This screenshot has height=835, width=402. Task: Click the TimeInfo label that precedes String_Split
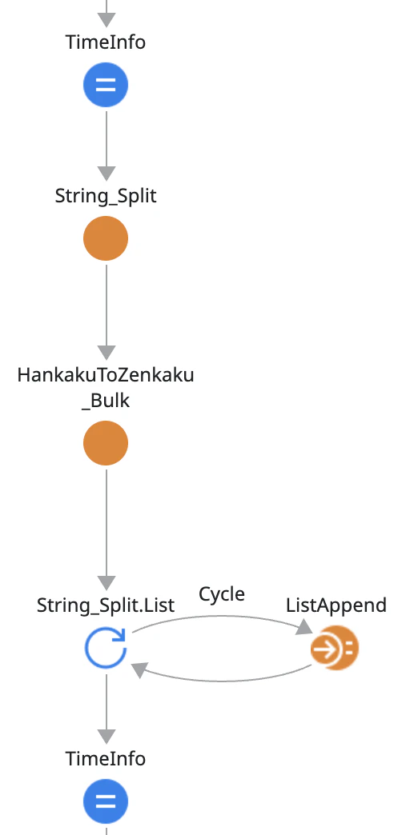coord(106,42)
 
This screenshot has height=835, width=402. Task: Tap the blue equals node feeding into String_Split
coord(106,85)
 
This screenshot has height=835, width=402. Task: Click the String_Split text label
coord(106,196)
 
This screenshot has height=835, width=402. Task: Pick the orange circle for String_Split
coord(106,238)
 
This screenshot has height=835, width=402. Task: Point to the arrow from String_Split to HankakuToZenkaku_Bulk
coord(106,312)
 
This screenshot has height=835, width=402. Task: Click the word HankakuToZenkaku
coord(106,375)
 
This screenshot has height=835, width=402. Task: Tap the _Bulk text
coord(106,401)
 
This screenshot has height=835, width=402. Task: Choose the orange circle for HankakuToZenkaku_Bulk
coord(106,443)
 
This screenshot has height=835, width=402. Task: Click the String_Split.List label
coord(106,605)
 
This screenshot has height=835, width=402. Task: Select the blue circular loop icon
coord(106,648)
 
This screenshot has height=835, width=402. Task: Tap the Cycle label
coord(222,593)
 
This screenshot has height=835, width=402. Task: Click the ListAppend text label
coord(336,605)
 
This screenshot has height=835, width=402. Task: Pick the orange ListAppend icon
coord(335,648)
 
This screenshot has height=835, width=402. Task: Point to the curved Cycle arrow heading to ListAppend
coord(222,617)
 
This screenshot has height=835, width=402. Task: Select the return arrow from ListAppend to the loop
coord(222,680)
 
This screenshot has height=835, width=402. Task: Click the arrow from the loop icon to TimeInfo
coord(106,708)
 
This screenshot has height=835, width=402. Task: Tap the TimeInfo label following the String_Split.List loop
coord(106,758)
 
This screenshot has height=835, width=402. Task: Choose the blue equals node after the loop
coord(106,801)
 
